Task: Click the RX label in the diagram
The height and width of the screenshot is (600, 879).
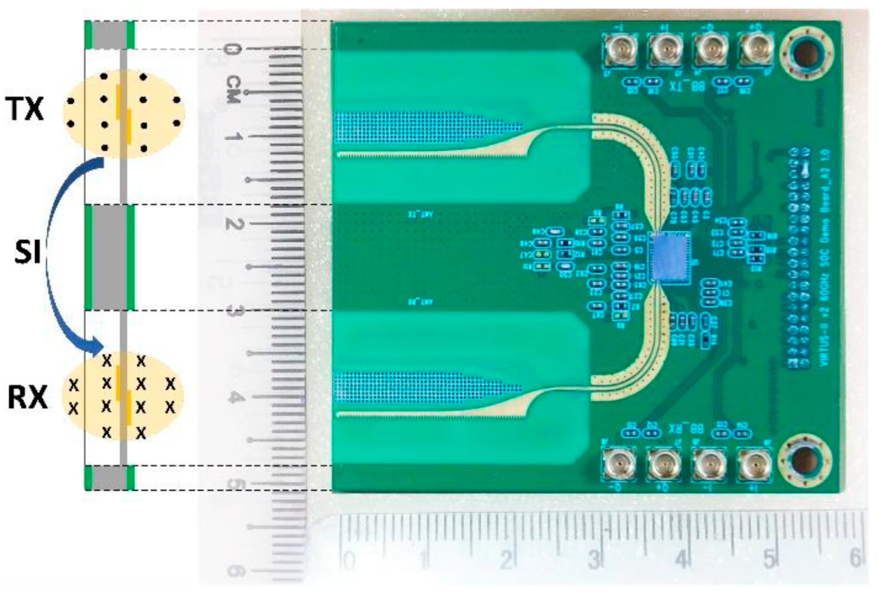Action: (28, 397)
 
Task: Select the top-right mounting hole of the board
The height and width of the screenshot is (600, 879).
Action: (805, 52)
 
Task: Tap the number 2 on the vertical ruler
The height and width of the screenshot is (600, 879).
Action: (233, 224)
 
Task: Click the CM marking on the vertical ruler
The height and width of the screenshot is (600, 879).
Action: (233, 90)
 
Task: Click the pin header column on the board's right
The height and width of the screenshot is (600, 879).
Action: (800, 257)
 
